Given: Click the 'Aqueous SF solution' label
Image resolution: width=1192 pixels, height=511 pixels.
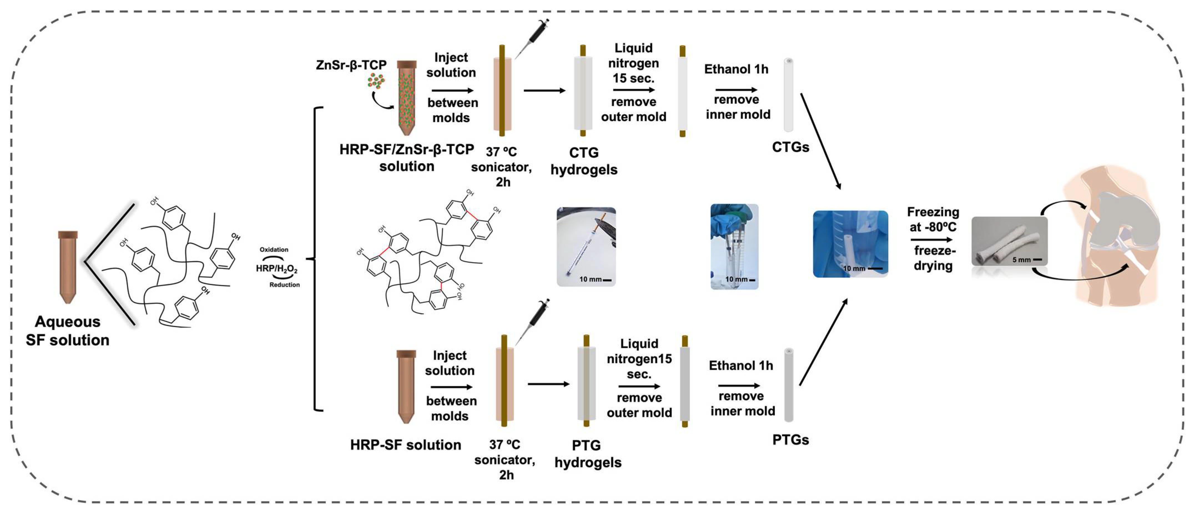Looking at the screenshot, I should [x=67, y=331].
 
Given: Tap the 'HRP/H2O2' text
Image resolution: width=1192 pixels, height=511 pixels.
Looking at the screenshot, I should [x=277, y=269].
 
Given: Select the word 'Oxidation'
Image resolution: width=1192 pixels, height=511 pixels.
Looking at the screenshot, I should [x=274, y=250].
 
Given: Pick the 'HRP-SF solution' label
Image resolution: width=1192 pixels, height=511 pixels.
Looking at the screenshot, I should [x=405, y=445].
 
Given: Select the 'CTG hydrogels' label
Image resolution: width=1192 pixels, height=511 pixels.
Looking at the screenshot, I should [x=584, y=161].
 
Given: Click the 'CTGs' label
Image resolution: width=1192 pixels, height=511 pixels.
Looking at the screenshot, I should [x=790, y=147].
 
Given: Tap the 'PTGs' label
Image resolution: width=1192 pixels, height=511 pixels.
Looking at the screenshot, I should [x=790, y=440].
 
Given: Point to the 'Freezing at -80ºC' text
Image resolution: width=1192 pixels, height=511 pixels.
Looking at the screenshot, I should [x=933, y=219].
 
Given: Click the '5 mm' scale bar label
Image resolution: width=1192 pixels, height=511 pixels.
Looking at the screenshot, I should [x=1021, y=260].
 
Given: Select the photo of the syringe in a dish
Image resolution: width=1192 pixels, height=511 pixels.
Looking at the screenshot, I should [x=586, y=246].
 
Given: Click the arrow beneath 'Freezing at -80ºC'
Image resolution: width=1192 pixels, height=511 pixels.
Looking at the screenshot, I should [x=931, y=239].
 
